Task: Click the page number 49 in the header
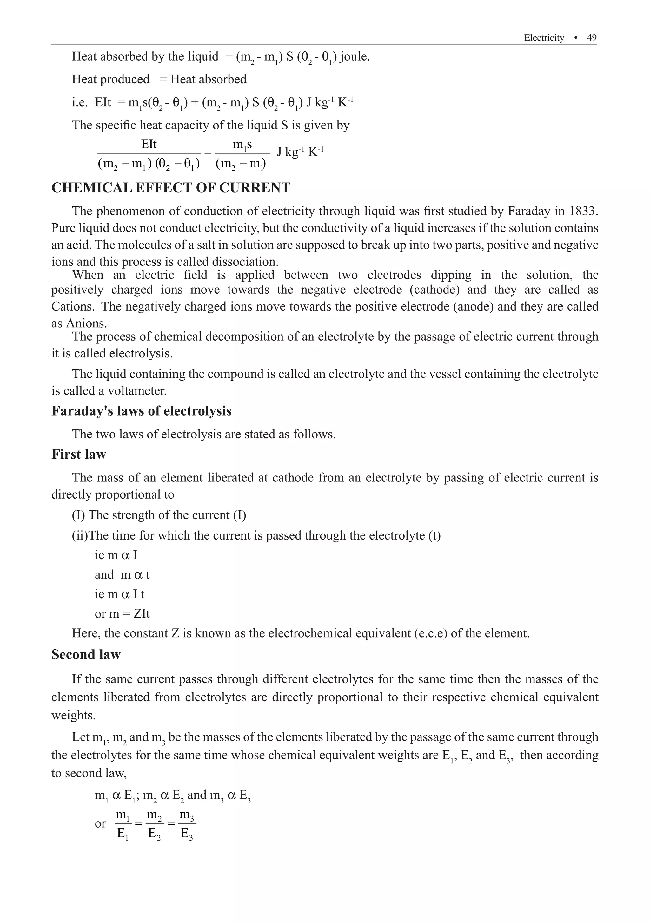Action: coord(592,38)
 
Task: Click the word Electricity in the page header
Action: coord(544,38)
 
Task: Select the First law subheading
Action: coord(78,454)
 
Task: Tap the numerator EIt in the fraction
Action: coord(149,145)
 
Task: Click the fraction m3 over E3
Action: coord(186,824)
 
